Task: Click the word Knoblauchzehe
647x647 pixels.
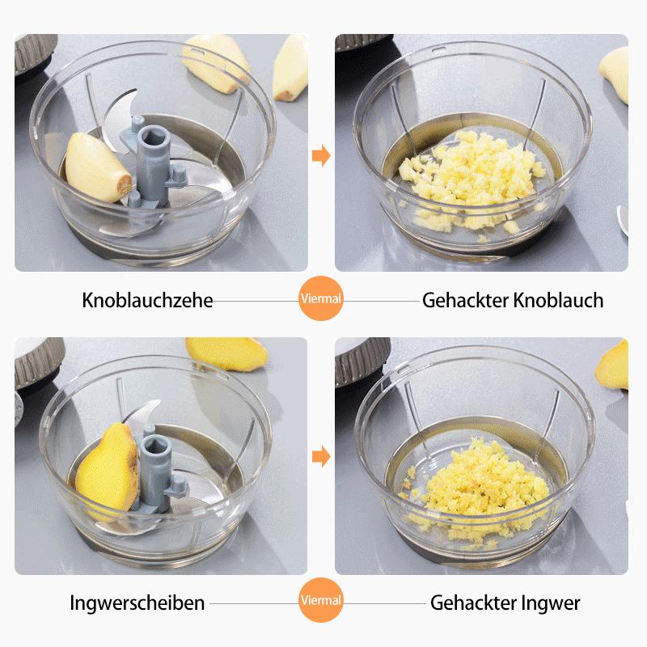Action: point(147,300)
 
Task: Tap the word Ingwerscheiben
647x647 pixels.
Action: point(137,603)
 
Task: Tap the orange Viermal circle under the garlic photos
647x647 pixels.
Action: point(321,298)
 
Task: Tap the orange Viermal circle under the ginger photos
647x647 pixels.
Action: point(321,600)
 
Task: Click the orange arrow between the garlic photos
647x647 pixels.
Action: point(321,155)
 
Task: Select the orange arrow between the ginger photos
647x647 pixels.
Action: point(321,456)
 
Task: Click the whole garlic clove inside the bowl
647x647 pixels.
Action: point(97,168)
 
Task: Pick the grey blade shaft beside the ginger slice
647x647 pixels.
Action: point(158,471)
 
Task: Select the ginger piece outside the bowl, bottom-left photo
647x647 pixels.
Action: point(226,353)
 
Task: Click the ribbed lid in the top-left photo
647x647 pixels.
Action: point(35,53)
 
